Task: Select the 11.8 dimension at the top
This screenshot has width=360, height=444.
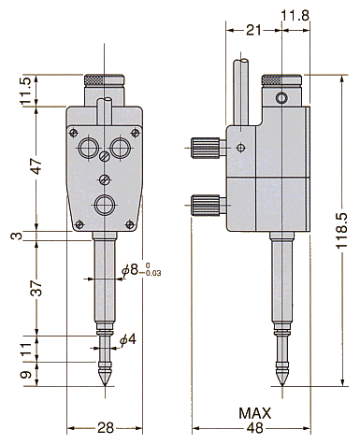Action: tap(295, 15)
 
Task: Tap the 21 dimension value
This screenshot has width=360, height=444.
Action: tap(253, 31)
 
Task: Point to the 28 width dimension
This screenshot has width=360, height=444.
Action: tap(106, 428)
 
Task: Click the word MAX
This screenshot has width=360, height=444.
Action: tap(255, 413)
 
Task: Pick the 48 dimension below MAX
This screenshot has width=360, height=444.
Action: tap(255, 428)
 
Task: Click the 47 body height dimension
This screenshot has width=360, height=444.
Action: tap(36, 166)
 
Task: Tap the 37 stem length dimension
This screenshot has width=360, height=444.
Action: tap(36, 288)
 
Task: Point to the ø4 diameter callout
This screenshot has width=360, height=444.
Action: tap(128, 339)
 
